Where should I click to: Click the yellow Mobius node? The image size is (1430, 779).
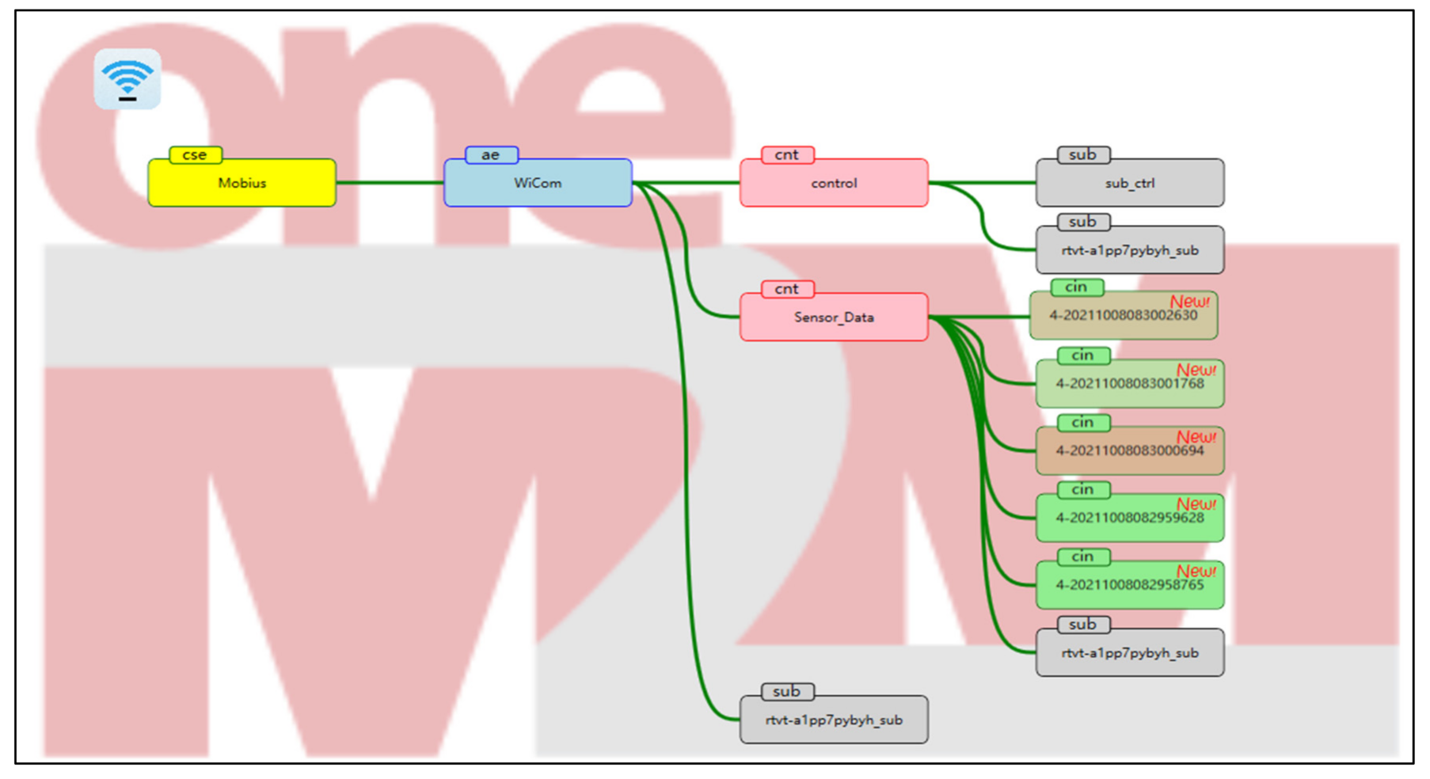242,183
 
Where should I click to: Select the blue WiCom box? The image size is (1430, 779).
538,183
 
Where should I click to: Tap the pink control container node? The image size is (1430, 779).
833,183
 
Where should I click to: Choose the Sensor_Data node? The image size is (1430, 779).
833,317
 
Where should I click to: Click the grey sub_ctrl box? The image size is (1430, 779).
1129,183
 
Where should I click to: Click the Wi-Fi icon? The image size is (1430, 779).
127,79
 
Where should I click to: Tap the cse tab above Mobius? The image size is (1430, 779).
195,154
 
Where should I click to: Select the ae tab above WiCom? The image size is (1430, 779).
491,154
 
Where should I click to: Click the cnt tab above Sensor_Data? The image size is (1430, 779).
787,289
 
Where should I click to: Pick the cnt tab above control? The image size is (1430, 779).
787,154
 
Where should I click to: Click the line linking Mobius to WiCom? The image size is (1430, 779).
390,183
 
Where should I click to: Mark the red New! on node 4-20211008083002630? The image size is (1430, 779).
1189,302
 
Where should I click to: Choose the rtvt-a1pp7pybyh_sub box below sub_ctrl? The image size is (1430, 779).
1129,251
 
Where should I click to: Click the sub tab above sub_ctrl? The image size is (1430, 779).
1082,154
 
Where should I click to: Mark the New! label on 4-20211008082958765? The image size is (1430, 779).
1196,571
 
